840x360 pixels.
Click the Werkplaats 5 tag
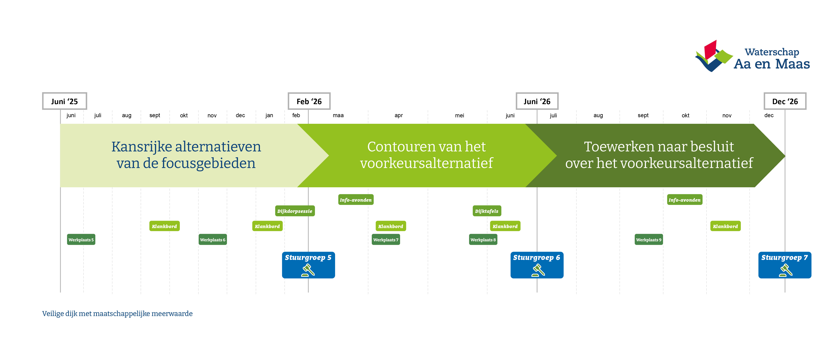pyautogui.click(x=81, y=240)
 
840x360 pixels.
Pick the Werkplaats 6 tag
pyautogui.click(x=213, y=240)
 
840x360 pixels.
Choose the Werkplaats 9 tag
pyautogui.click(x=649, y=240)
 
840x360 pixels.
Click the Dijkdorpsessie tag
pyautogui.click(x=295, y=211)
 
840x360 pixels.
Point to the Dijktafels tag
pyautogui.click(x=486, y=211)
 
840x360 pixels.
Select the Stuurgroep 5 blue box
pyautogui.click(x=308, y=265)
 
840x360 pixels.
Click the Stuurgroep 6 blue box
pyautogui.click(x=537, y=265)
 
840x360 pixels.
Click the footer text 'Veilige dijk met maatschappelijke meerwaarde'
pyautogui.click(x=117, y=314)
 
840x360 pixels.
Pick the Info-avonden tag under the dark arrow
pyautogui.click(x=684, y=200)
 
